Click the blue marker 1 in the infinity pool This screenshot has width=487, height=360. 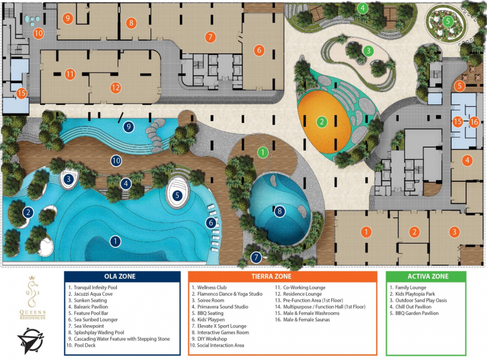click(x=115, y=241)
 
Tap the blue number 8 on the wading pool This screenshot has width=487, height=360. click(x=279, y=212)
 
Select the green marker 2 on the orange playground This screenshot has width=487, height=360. click(x=321, y=122)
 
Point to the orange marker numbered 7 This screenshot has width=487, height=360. click(x=211, y=37)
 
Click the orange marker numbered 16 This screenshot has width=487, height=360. click(x=474, y=122)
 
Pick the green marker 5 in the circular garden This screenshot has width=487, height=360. click(x=447, y=22)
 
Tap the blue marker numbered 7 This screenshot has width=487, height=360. click(x=256, y=257)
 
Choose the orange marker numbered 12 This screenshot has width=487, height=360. click(x=116, y=88)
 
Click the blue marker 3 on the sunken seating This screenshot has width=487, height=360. click(x=68, y=179)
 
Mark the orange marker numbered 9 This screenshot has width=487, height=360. click(x=67, y=19)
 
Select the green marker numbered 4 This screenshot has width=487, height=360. click(x=362, y=8)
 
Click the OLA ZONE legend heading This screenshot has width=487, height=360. click(x=120, y=277)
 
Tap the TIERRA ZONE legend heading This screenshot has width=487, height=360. click(x=272, y=277)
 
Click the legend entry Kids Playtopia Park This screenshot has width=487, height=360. click(x=412, y=294)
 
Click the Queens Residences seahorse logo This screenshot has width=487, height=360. click(x=32, y=298)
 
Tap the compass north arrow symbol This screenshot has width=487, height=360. click(x=31, y=340)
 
